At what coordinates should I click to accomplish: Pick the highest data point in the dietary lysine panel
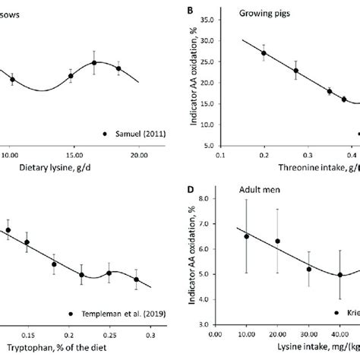pyautogui.click(x=94, y=63)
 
